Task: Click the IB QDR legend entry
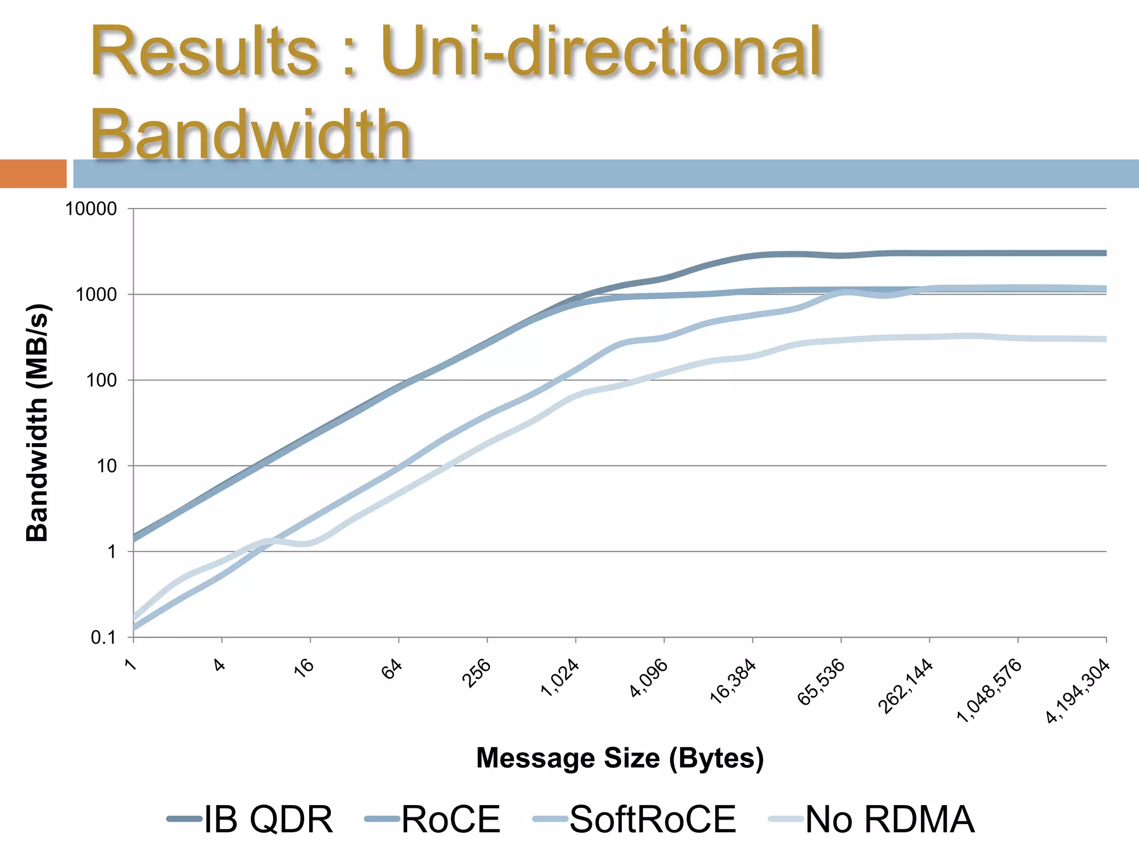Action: click(x=250, y=819)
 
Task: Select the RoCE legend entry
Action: click(x=433, y=819)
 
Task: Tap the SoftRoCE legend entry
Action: click(x=634, y=819)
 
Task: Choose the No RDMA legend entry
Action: click(x=871, y=819)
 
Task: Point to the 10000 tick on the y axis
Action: click(x=91, y=209)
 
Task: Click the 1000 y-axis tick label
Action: click(x=96, y=295)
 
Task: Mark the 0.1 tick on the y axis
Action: click(x=103, y=638)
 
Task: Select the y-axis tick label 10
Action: click(x=107, y=466)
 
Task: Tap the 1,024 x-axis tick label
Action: click(x=560, y=678)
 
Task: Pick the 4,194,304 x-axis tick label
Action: click(x=1078, y=692)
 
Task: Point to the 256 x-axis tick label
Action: click(x=477, y=673)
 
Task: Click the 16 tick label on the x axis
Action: click(x=304, y=667)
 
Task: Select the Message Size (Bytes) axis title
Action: click(x=620, y=758)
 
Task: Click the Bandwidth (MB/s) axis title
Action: click(x=38, y=423)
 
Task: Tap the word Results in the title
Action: click(x=205, y=52)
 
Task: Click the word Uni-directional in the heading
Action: click(x=601, y=52)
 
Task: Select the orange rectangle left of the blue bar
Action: click(x=33, y=173)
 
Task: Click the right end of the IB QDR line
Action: click(x=1104, y=253)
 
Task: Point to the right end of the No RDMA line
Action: click(x=1104, y=339)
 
